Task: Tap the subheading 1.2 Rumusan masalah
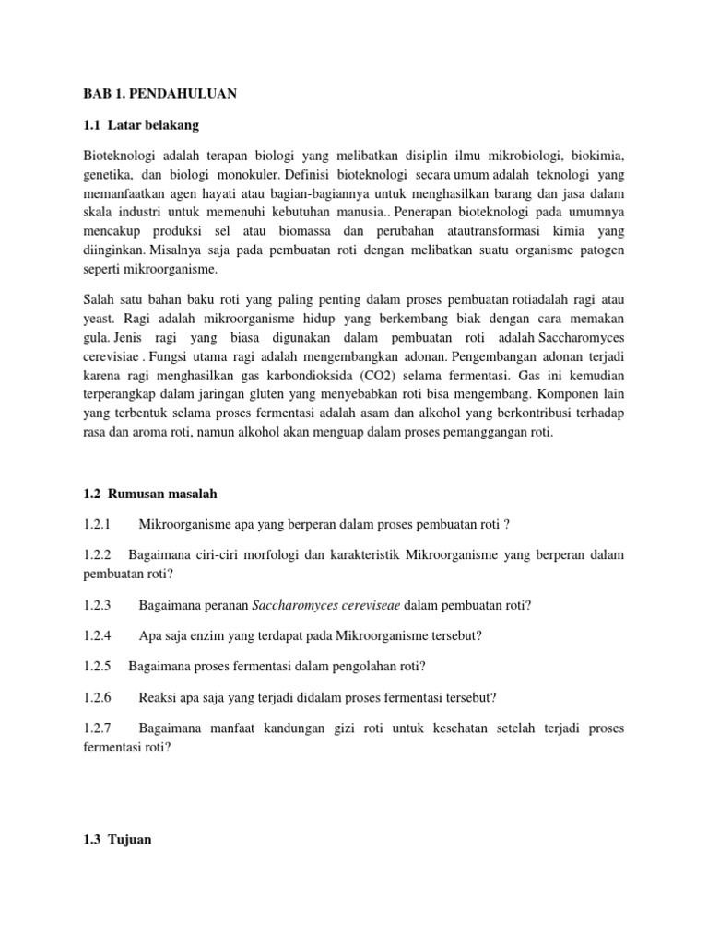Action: click(150, 495)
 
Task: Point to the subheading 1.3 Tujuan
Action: click(118, 840)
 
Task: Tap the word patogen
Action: click(601, 249)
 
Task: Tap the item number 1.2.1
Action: click(97, 525)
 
